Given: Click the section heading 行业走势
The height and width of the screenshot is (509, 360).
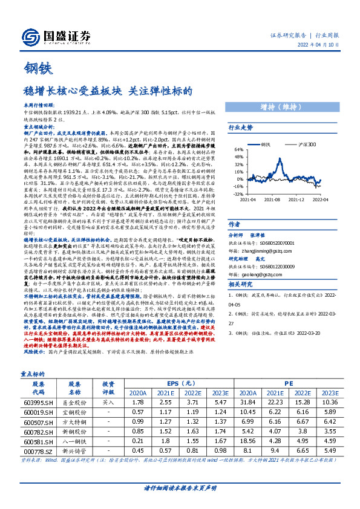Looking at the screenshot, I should (x=240, y=128).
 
